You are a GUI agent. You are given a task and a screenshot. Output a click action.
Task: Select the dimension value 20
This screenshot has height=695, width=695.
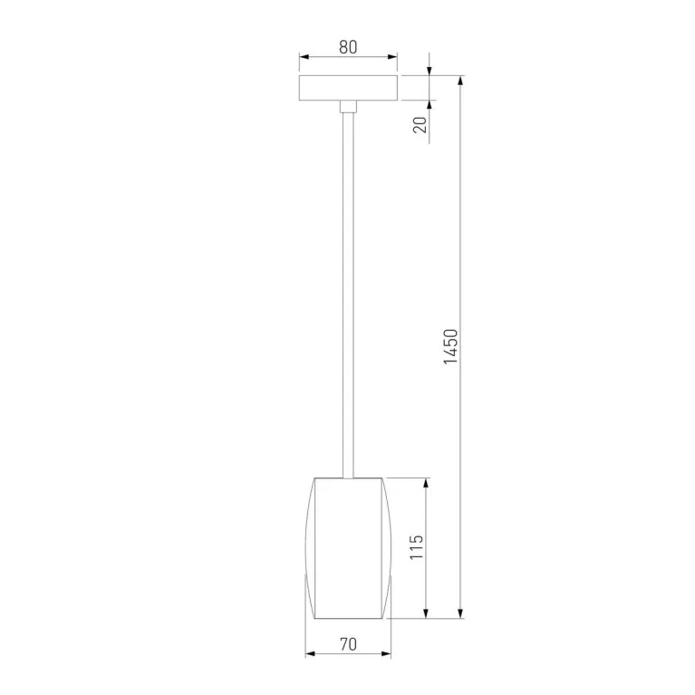(420, 122)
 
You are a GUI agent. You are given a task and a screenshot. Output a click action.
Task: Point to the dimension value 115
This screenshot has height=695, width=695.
(416, 548)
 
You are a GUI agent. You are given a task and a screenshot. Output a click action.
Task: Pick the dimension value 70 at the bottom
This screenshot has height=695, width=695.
(348, 644)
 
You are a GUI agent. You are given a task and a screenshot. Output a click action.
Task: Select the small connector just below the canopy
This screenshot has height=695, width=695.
(348, 107)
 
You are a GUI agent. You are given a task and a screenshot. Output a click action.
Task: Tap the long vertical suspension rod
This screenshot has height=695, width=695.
(348, 290)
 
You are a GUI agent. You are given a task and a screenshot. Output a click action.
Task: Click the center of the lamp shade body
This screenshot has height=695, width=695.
(349, 547)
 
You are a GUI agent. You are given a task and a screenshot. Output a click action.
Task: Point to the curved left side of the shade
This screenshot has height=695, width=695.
(308, 547)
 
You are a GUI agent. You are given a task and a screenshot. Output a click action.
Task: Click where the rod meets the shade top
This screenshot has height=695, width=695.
(348, 477)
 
